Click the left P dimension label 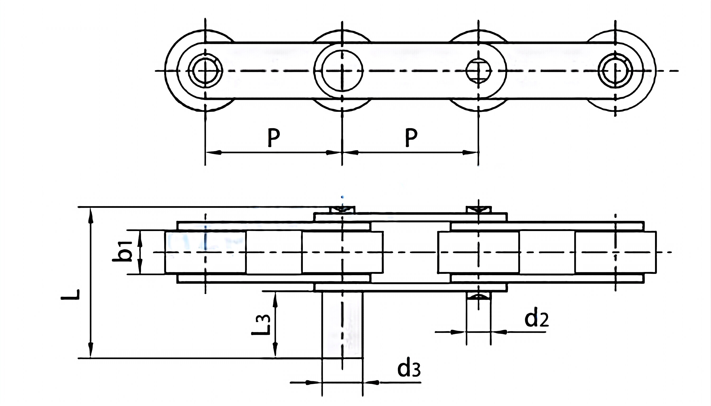274,137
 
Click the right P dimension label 411,137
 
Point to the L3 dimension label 261,325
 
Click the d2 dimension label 536,320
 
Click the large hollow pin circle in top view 342,71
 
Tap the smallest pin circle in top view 478,71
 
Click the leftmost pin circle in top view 205,71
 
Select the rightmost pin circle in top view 615,71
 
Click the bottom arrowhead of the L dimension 90,351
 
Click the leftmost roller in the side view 205,252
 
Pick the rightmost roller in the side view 615,252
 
